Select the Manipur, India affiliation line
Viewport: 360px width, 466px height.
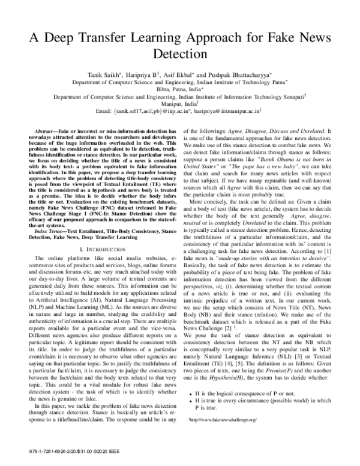pyautogui.click(x=179, y=103)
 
